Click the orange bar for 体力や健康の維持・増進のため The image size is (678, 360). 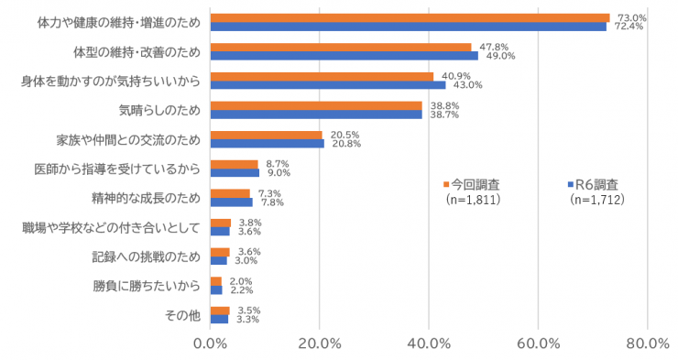410,17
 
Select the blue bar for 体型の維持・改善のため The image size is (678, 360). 344,56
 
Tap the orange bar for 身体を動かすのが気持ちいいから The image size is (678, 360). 322,76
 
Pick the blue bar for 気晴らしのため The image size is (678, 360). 316,115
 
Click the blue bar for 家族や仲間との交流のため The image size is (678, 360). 267,144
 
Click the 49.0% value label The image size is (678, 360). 499,56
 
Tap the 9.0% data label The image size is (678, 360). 279,173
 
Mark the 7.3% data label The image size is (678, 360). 268,192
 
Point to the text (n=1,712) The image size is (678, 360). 596,199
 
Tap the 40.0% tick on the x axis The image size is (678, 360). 429,344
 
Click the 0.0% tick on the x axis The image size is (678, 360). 211,344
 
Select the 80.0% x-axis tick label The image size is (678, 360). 647,344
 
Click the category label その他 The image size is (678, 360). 181,315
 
